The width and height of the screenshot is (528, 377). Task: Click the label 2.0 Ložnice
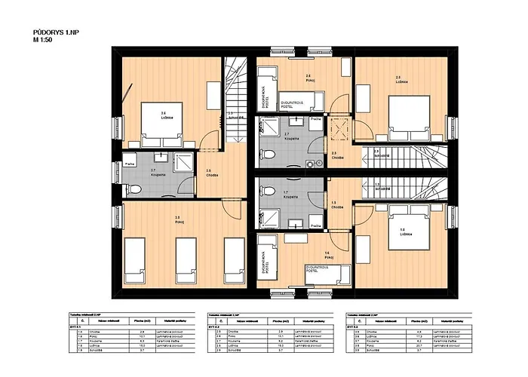click(398, 78)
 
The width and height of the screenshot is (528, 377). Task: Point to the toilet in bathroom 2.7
click(269, 154)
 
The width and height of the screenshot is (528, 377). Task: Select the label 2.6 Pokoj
click(308, 77)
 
